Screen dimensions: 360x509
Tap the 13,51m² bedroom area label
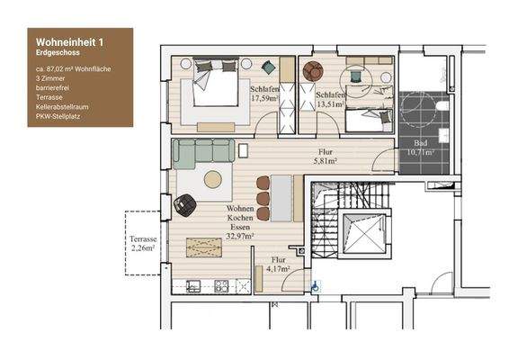coord(330,103)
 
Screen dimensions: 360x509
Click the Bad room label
coord(420,144)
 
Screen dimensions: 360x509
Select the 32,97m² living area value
coord(240,236)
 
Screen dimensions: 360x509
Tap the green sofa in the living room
coord(202,154)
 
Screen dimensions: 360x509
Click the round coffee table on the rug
coord(213,179)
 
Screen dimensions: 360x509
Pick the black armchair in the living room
coord(185,205)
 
